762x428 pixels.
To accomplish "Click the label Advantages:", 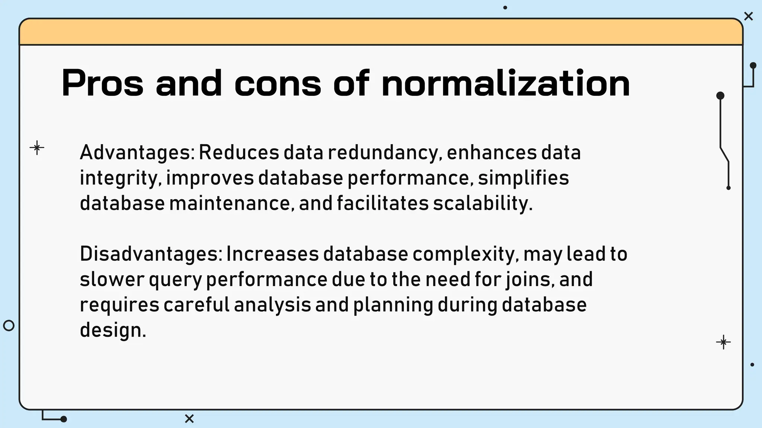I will pos(137,153).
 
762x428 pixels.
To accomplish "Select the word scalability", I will pos(483,203).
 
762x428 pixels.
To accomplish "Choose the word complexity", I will pos(466,254).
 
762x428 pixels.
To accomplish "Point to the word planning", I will pos(393,305).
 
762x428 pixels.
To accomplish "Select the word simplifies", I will pos(524,178).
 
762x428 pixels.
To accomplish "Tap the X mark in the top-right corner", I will pos(748,16).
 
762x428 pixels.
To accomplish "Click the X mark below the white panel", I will pos(189,419).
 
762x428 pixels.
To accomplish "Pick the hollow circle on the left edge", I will pos(9,325).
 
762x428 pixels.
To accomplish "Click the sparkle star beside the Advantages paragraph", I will pos(37,148).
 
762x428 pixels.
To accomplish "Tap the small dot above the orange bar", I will pos(505,7).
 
